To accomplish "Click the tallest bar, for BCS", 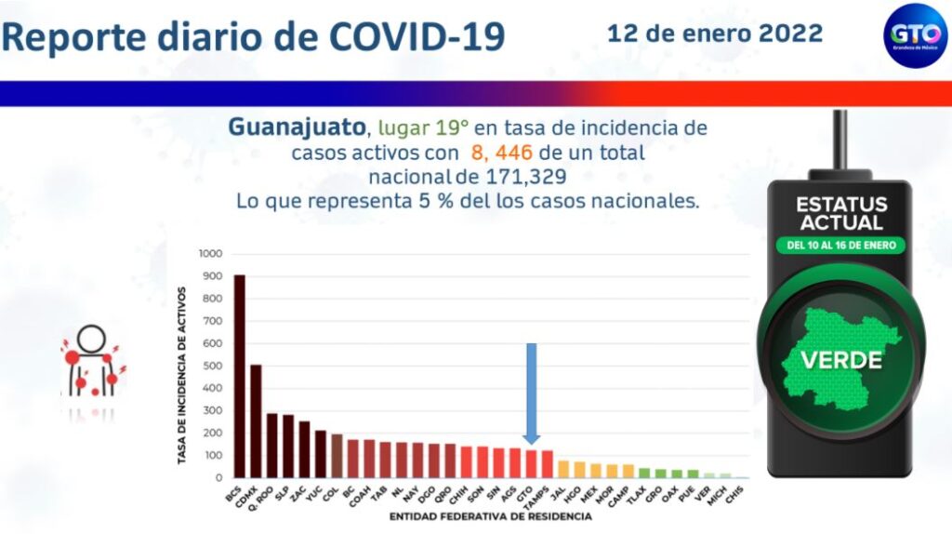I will (239, 376).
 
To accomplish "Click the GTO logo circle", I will (914, 34).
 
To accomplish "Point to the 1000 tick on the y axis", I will (210, 254).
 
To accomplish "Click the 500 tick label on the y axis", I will (213, 366).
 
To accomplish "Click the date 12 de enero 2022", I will (714, 33).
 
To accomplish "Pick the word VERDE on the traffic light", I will (842, 359).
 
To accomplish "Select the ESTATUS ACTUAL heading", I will (840, 213).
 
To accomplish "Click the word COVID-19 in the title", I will (416, 36).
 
